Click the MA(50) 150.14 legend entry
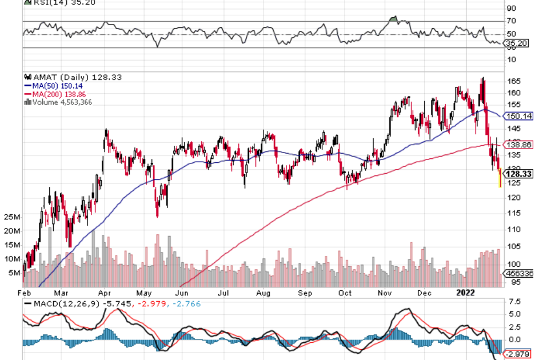(51, 86)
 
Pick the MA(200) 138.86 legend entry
(54, 94)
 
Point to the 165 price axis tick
(513, 81)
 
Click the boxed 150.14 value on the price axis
(518, 117)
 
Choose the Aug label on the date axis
(263, 293)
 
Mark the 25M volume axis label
(12, 218)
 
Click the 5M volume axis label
(14, 273)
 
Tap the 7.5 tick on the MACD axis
(514, 301)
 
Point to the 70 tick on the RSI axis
(512, 22)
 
